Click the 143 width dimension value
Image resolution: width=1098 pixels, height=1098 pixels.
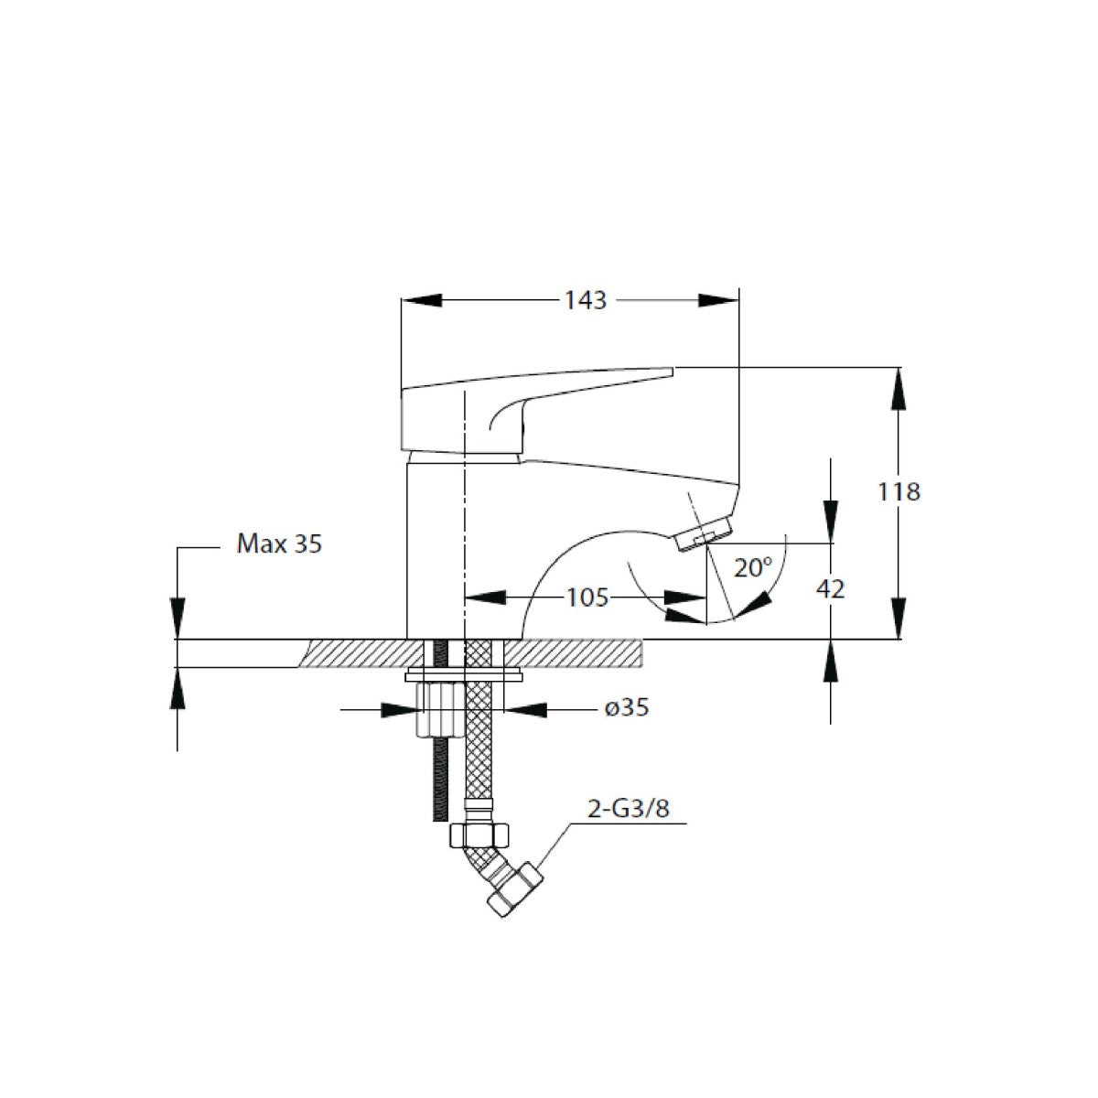(586, 301)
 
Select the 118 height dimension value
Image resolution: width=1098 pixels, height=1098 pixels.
(899, 491)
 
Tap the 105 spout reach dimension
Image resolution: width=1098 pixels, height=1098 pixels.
(587, 597)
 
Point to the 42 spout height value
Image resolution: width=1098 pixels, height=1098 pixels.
(830, 588)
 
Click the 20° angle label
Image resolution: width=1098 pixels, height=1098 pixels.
(753, 567)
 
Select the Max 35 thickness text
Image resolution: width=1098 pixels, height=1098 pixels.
(279, 544)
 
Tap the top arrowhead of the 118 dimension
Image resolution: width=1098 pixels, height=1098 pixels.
(899, 388)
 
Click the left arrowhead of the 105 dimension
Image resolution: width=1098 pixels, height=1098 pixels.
(485, 597)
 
